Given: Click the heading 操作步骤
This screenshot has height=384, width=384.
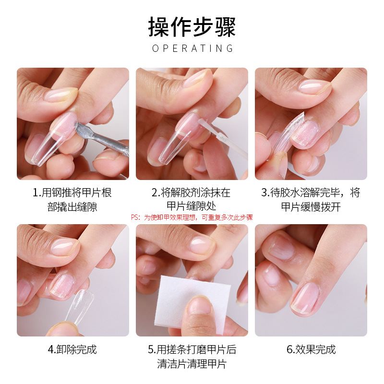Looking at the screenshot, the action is [192, 27].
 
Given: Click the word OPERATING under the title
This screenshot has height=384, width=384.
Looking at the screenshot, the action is [192, 48].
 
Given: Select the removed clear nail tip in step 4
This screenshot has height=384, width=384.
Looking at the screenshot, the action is [82, 306].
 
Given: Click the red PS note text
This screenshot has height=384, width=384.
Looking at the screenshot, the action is [192, 217].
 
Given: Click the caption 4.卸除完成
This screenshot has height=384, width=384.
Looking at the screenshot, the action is [72, 349].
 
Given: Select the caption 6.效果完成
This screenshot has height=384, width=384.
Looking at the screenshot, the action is [311, 349].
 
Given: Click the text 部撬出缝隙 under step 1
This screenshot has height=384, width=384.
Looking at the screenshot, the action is [72, 207].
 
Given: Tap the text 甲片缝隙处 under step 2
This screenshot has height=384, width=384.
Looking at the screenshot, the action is [192, 206].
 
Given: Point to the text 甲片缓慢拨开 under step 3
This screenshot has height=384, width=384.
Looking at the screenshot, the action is [311, 207].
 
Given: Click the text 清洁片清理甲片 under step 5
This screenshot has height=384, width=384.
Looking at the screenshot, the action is [192, 364].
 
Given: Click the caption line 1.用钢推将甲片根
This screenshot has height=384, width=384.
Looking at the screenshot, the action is [72, 193].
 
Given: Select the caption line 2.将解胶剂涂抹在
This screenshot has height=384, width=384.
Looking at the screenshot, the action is [191, 193].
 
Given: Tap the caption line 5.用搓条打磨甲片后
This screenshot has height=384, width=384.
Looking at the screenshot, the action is [192, 349].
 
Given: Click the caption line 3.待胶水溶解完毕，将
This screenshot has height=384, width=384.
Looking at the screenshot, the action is [311, 193].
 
